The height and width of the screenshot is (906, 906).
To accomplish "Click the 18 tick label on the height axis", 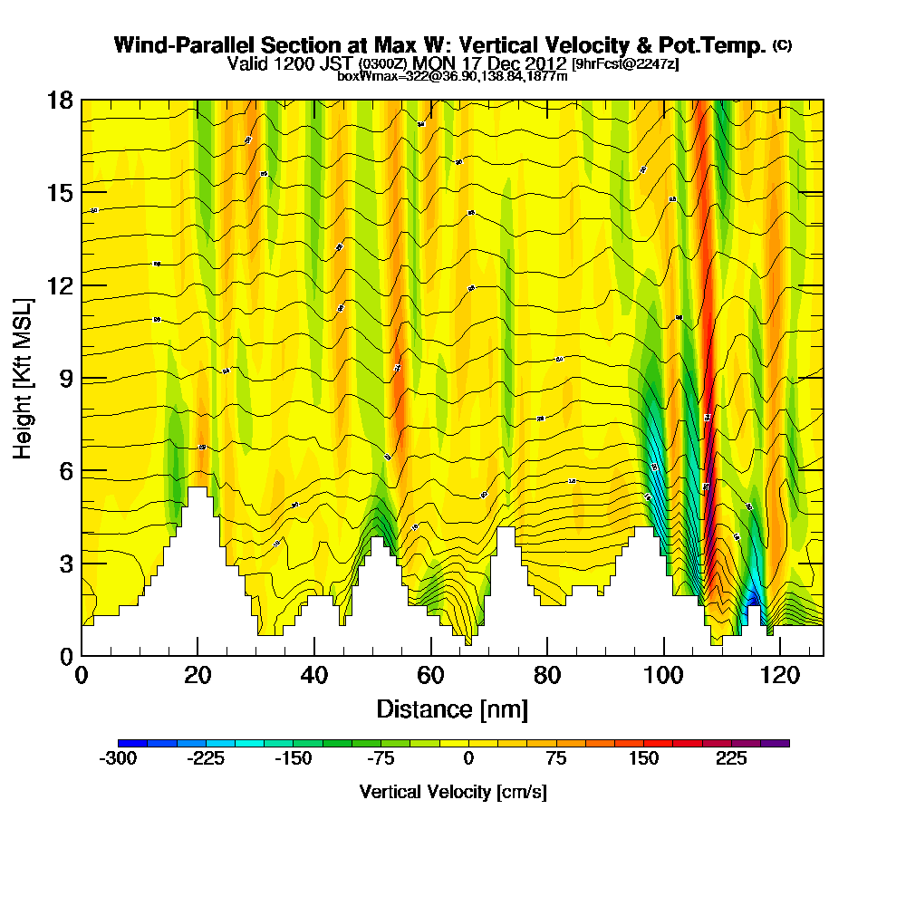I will [x=60, y=100].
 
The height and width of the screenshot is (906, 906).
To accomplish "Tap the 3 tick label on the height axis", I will [x=66, y=564].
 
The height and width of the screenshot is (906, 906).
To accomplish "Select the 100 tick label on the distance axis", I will [x=663, y=675].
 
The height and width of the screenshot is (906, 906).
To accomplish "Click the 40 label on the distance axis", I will [x=313, y=675].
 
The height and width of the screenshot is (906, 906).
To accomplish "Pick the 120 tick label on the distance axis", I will [x=780, y=675].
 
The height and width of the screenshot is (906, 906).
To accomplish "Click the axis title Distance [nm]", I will [x=452, y=708].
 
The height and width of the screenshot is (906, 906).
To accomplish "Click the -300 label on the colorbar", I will [x=117, y=759].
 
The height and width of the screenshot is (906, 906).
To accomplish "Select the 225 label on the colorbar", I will [x=731, y=759].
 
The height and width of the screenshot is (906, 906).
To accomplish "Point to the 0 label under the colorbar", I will [x=468, y=759].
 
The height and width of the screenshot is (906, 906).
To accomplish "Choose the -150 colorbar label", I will [x=293, y=759].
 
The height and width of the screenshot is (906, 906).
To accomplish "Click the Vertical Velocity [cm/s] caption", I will [x=452, y=792].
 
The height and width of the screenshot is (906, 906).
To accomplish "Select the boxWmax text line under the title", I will [x=452, y=76].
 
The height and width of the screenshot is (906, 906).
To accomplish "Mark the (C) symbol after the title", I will [x=782, y=45].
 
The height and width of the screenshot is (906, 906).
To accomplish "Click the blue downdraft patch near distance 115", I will [x=751, y=598].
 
